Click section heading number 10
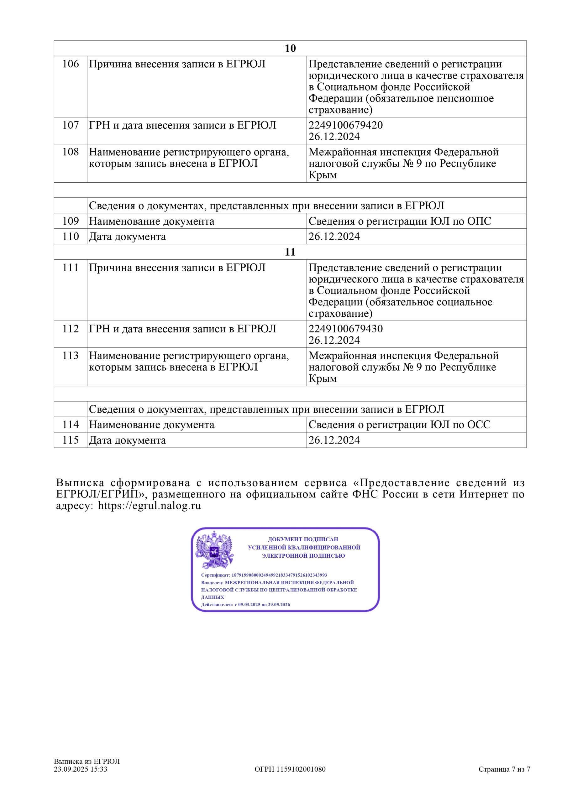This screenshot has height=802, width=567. tap(290, 48)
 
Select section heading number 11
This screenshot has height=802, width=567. tap(290, 252)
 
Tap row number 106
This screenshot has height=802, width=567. tap(71, 64)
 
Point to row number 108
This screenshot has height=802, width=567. tap(71, 152)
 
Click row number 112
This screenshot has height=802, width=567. tap(71, 329)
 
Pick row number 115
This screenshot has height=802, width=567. tap(71, 440)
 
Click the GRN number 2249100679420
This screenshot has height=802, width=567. tap(345, 125)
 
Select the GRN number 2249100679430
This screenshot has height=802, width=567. tap(345, 329)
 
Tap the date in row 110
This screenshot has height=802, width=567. tap(334, 237)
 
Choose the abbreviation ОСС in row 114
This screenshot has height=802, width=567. tap(479, 424)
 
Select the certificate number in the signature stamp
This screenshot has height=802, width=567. tap(279, 575)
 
